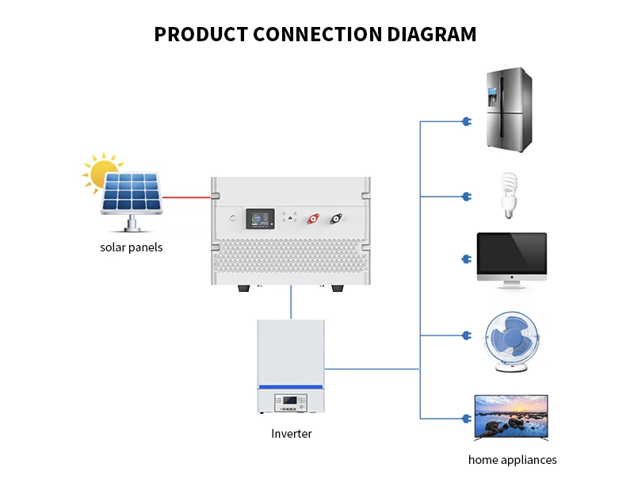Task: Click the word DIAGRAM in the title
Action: [x=432, y=34]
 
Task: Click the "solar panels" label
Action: [x=131, y=247]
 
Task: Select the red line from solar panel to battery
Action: [x=186, y=197]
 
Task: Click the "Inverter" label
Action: [x=292, y=434]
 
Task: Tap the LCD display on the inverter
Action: [x=290, y=403]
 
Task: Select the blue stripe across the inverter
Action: [x=291, y=387]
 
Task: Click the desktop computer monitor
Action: [x=511, y=259]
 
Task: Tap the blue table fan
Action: [x=514, y=340]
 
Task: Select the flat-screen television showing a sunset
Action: [x=511, y=417]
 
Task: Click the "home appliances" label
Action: [x=512, y=460]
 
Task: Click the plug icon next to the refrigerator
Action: [x=465, y=121]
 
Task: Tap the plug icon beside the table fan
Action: [x=465, y=335]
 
